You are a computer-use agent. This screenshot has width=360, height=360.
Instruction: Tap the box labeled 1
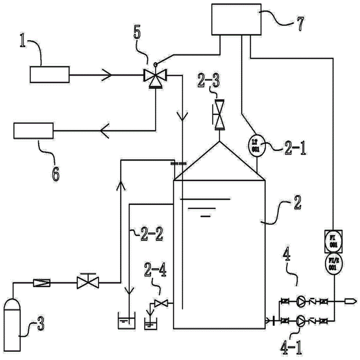click(49, 74)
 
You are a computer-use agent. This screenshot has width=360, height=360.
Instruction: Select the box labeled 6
click(33, 131)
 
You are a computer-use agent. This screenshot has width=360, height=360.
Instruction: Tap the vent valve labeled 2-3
click(219, 114)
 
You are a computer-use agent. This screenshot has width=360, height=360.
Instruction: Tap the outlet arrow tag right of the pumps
click(350, 301)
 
